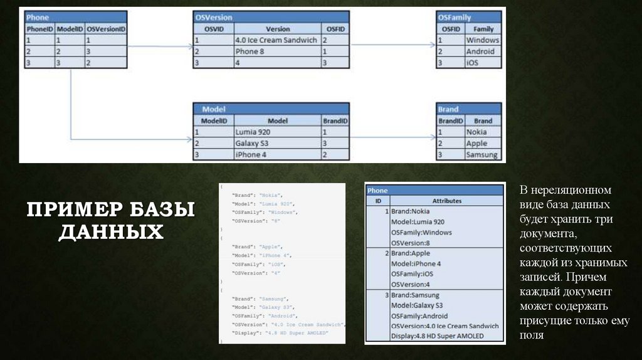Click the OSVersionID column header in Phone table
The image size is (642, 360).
click(x=106, y=29)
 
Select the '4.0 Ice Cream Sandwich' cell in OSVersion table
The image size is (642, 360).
click(x=276, y=40)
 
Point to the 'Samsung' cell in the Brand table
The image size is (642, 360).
click(x=482, y=155)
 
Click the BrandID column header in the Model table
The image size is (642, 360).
click(x=335, y=120)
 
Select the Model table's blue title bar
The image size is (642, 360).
click(x=271, y=109)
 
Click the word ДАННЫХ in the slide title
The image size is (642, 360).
click(x=111, y=232)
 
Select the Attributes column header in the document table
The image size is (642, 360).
click(x=446, y=201)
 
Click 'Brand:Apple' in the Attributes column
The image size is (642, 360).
click(x=413, y=253)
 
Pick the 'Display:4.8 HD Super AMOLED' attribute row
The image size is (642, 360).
click(x=438, y=336)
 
